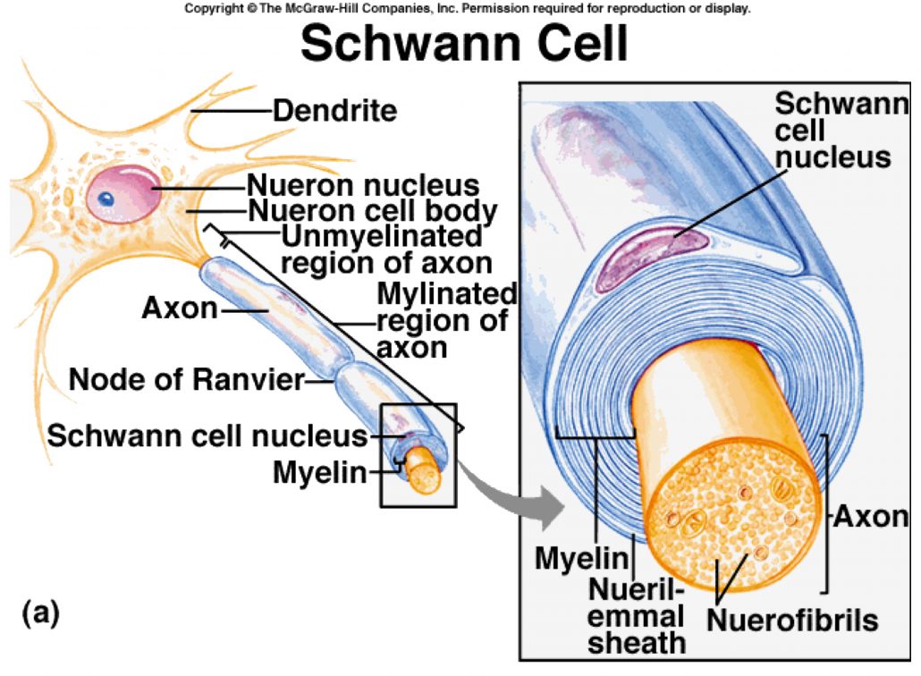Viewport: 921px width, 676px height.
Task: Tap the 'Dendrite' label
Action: click(334, 112)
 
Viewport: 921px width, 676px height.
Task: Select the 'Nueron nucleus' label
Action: click(363, 186)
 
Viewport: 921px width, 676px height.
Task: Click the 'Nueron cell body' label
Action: click(372, 212)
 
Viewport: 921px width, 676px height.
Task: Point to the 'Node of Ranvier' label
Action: click(187, 380)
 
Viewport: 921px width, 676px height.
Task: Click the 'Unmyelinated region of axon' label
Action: click(386, 250)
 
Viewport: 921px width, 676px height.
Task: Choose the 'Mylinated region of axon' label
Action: click(444, 320)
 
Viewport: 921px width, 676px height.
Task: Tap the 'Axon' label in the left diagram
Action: click(179, 309)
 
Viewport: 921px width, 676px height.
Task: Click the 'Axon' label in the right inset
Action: click(870, 516)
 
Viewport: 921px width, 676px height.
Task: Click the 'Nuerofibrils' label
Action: click(792, 620)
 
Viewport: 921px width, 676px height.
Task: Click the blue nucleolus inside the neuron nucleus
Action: click(106, 199)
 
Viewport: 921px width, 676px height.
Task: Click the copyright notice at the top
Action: click(467, 9)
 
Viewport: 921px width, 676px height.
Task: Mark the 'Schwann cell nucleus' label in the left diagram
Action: click(207, 436)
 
